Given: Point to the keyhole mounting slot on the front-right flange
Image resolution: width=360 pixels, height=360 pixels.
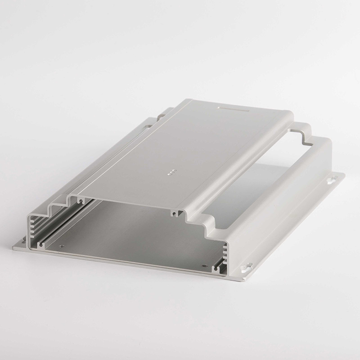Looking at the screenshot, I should click(245, 269).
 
